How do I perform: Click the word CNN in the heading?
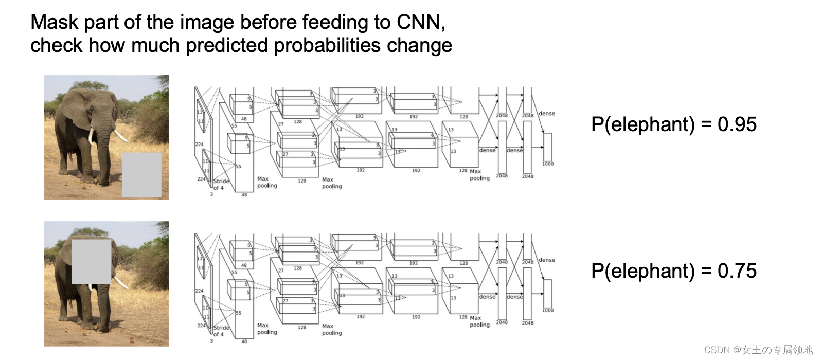(420, 22)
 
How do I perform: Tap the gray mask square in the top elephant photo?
(141, 175)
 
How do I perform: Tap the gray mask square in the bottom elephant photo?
(92, 261)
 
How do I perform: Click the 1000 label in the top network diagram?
(548, 164)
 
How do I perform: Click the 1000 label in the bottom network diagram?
(548, 311)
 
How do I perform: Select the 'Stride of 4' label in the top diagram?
(221, 184)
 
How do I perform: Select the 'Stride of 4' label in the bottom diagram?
(221, 331)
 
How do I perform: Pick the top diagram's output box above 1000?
(548, 147)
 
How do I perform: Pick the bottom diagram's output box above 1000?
(548, 294)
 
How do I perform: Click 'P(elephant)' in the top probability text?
(643, 124)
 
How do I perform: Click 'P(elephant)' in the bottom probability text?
(643, 271)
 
